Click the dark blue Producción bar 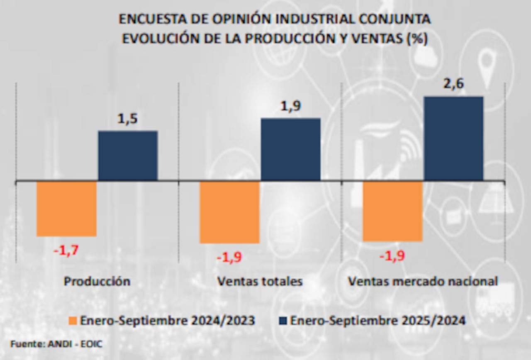(x=128, y=156)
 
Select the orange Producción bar (x=67, y=209)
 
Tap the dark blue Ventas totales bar (x=290, y=149)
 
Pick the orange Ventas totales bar (x=229, y=212)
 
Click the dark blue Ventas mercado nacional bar (x=453, y=139)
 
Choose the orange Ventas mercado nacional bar (x=392, y=211)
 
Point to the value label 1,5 (x=127, y=119)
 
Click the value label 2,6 (x=453, y=84)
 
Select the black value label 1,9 (x=290, y=106)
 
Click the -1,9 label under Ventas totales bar (x=229, y=257)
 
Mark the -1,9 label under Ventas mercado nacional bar (x=392, y=256)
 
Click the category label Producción (x=97, y=281)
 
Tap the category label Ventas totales (x=260, y=281)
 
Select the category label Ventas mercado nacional (x=423, y=281)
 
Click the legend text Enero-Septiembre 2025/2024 (x=378, y=321)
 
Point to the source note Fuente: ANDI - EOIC (x=56, y=344)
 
